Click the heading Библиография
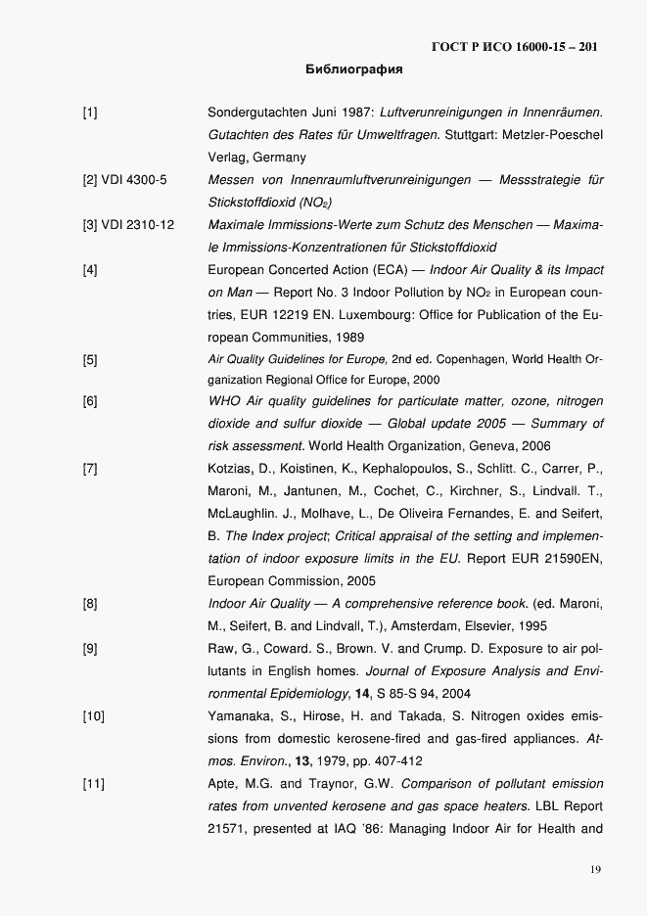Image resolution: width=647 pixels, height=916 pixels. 353,70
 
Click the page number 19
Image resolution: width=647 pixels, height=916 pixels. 596,869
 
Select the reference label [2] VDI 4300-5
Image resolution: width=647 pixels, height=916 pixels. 125,180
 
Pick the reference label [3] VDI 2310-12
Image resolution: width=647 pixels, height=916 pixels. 128,225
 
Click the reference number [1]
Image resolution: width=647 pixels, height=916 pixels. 90,114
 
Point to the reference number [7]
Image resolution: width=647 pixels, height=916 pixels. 90,469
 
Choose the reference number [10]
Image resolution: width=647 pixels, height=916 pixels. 93,716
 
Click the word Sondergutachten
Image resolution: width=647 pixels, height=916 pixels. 256,114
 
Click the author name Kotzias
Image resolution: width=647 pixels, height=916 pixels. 232,469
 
